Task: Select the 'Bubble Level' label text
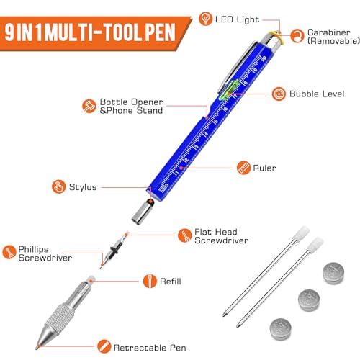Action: click(x=313, y=94)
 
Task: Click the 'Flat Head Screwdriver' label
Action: click(x=222, y=235)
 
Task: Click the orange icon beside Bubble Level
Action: click(x=277, y=94)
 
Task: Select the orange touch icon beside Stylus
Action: click(x=58, y=187)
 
